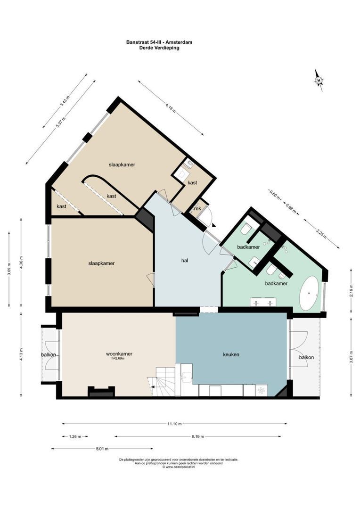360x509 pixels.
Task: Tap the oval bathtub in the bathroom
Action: [310, 293]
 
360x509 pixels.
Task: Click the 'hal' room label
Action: [186, 260]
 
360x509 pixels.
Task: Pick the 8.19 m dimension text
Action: [198, 436]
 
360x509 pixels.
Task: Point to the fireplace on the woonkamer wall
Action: [101, 391]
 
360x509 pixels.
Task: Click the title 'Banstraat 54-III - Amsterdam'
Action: [159, 42]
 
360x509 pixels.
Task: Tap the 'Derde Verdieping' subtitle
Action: [159, 48]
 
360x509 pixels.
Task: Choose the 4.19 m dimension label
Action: [171, 107]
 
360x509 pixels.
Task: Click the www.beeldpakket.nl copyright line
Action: [179, 467]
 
